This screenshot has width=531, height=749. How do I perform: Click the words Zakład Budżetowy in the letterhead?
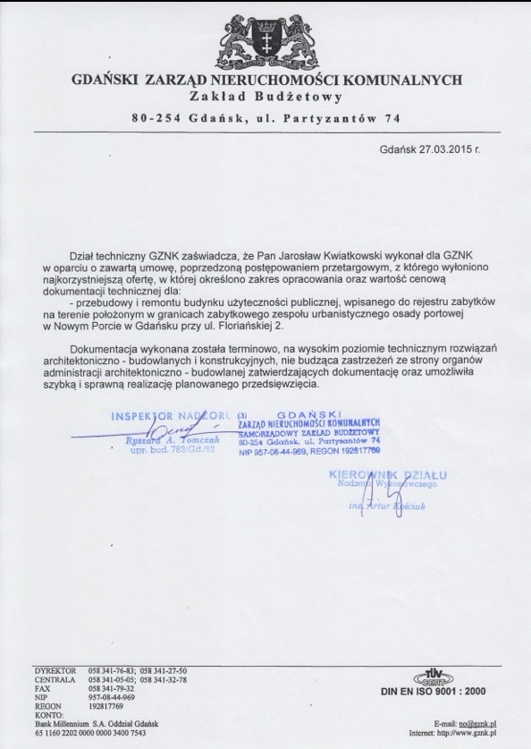(265, 96)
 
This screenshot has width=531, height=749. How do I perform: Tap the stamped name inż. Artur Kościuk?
(387, 505)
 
